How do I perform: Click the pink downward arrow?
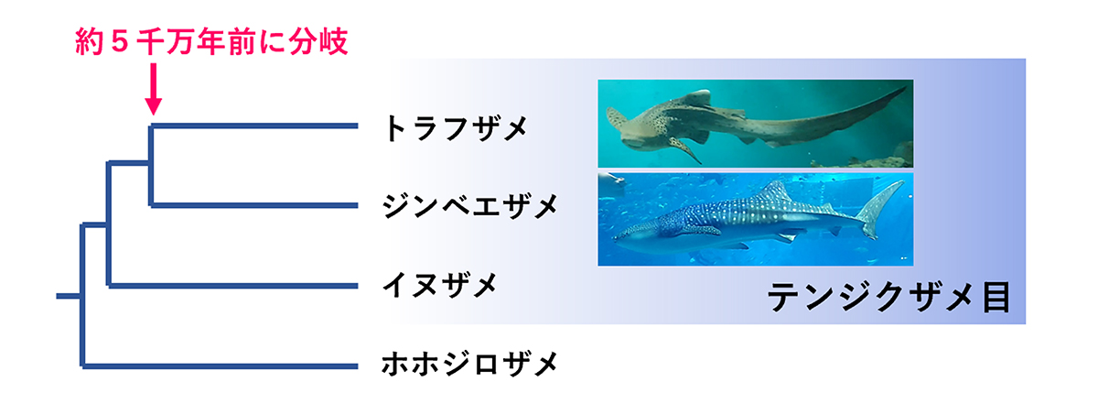[x=154, y=89]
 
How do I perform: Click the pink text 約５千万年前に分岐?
[x=211, y=41]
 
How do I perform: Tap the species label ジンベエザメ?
[x=470, y=205]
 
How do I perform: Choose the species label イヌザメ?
[x=440, y=285]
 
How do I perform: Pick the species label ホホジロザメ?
[x=470, y=364]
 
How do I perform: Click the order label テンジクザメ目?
[x=889, y=297]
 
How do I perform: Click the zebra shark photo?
[x=756, y=124]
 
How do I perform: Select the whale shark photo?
[x=756, y=219]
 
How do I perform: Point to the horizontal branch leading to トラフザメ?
[x=254, y=126]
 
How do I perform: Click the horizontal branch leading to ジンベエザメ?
[x=254, y=205]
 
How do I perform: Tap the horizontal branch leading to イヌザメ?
[x=232, y=286]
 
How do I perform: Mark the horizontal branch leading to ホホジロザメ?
[x=220, y=366]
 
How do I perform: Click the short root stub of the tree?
[x=69, y=296]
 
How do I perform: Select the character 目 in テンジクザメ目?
[x=997, y=297]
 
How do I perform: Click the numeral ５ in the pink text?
[x=120, y=41]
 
